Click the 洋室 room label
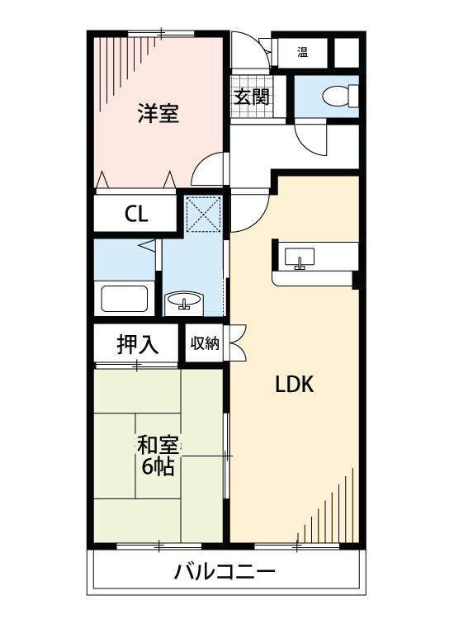pos(158,114)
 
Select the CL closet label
pos(136,215)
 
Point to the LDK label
pos(293,384)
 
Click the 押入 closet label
pos(137,345)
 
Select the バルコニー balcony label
pos(224,571)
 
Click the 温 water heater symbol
pos(302,53)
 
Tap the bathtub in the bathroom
pos(124,297)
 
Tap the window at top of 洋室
pos(162,34)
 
